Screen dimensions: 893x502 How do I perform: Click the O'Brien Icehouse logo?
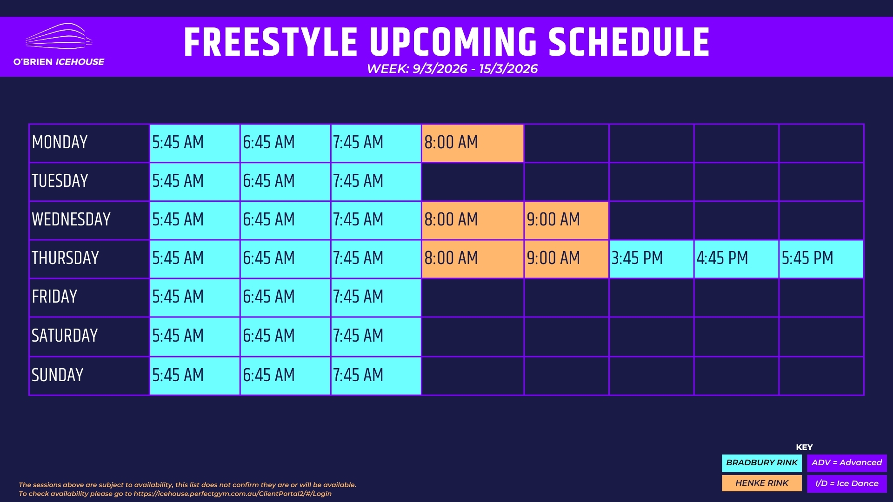[59, 45]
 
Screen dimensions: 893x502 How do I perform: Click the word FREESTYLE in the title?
[271, 42]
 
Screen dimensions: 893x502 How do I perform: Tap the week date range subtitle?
[452, 69]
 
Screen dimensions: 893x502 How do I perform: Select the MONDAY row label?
[60, 142]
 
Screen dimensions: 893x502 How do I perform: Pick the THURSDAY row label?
[65, 258]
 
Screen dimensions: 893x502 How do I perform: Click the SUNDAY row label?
[57, 375]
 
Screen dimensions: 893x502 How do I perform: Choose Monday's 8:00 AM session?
[473, 143]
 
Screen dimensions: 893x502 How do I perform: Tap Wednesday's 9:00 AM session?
[566, 220]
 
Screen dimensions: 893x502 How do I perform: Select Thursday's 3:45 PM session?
[651, 259]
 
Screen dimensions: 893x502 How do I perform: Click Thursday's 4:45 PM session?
[736, 259]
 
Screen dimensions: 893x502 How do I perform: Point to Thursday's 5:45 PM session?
[821, 259]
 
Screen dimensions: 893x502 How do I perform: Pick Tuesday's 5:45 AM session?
[194, 182]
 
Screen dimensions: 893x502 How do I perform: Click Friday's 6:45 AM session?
[285, 297]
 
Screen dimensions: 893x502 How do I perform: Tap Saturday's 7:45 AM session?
[376, 337]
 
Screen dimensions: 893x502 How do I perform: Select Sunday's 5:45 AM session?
[194, 376]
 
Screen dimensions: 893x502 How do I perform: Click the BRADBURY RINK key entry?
[762, 463]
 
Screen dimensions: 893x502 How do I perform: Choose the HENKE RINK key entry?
[762, 483]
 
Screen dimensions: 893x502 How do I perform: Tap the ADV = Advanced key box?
[847, 463]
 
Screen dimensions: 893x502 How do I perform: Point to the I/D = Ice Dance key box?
[847, 483]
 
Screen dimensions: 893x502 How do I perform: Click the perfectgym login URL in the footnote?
[233, 494]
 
